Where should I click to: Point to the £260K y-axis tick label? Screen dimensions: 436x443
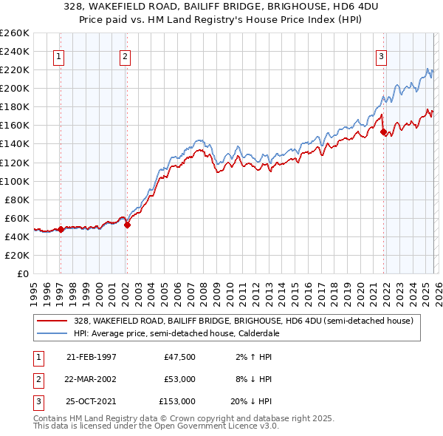pyautogui.click(x=15, y=33)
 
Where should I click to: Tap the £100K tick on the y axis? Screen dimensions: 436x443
pyautogui.click(x=15, y=181)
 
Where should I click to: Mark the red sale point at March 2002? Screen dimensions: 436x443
pyautogui.click(x=127, y=225)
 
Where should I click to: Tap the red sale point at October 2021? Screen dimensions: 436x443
pyautogui.click(x=383, y=132)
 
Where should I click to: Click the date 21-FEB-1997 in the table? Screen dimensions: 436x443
pyautogui.click(x=92, y=357)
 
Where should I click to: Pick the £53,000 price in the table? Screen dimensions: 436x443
pyautogui.click(x=177, y=379)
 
